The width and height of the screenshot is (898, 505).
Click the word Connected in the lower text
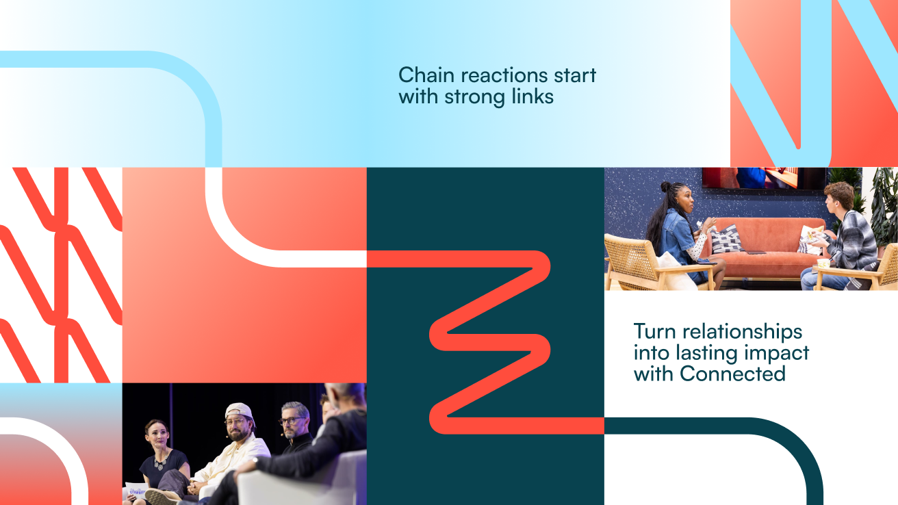(x=732, y=374)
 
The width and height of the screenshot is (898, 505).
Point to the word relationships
(x=743, y=331)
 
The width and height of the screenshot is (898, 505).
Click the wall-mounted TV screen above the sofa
(x=764, y=178)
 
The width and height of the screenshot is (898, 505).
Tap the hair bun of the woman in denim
(x=665, y=186)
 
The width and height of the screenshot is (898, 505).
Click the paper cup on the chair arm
(x=823, y=263)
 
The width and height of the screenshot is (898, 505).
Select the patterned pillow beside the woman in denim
(x=726, y=239)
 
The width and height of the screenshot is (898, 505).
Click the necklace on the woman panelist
(x=161, y=462)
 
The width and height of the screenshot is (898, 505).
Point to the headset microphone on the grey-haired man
(x=282, y=434)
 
